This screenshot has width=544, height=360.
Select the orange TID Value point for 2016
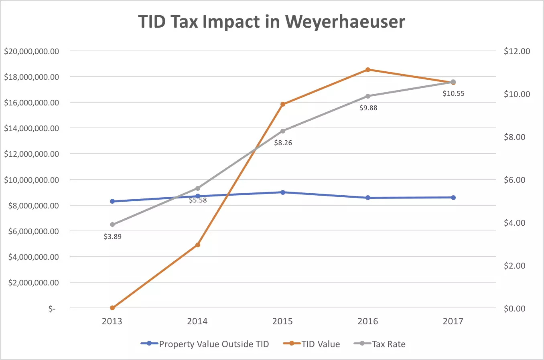pyautogui.click(x=368, y=70)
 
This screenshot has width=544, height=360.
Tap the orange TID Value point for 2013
pyautogui.click(x=112, y=308)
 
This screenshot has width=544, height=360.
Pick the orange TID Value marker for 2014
pyautogui.click(x=198, y=245)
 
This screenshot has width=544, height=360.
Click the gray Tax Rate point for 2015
pyautogui.click(x=283, y=131)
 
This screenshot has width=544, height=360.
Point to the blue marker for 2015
pyautogui.click(x=283, y=192)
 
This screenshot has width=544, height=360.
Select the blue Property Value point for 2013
pyautogui.click(x=112, y=201)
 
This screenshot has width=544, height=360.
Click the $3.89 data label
pyautogui.click(x=112, y=237)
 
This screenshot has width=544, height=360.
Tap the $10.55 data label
pyautogui.click(x=453, y=93)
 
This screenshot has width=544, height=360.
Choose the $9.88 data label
pyautogui.click(x=368, y=108)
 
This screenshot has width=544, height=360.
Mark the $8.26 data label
pyautogui.click(x=283, y=143)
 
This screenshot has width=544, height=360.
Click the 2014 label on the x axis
pyautogui.click(x=197, y=322)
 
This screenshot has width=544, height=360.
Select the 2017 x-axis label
pyautogui.click(x=453, y=322)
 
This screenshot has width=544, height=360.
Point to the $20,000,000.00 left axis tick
pyautogui.click(x=32, y=51)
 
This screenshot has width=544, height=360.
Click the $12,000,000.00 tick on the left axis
pyautogui.click(x=32, y=154)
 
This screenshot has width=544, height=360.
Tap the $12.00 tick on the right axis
pyautogui.click(x=517, y=51)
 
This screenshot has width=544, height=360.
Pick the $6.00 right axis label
pyautogui.click(x=514, y=180)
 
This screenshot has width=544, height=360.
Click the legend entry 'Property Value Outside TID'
pyautogui.click(x=205, y=344)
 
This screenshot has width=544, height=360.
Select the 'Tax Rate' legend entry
pyautogui.click(x=380, y=344)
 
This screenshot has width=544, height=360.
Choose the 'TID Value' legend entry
pyautogui.click(x=312, y=344)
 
